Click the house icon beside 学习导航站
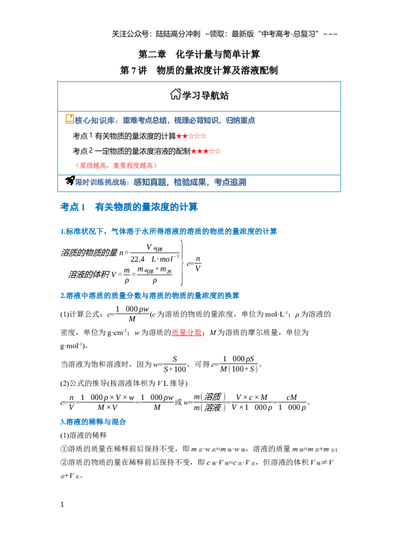click(176, 94)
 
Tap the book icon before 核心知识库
click(70, 119)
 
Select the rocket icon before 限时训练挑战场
click(70, 180)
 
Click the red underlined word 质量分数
click(187, 332)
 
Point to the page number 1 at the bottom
click(62, 505)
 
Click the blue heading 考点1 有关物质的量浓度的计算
click(129, 207)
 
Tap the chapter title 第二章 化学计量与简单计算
click(199, 54)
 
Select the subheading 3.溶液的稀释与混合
click(93, 421)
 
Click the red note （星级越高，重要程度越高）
click(116, 165)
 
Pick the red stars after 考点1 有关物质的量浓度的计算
click(191, 136)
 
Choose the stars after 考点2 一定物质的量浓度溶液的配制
click(206, 151)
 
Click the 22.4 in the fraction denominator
click(137, 259)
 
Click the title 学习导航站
click(205, 96)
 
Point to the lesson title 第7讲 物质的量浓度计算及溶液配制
click(199, 70)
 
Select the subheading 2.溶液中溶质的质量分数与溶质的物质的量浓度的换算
click(150, 296)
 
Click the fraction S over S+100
click(175, 364)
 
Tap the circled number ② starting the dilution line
click(64, 462)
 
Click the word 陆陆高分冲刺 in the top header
click(178, 34)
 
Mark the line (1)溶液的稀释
click(84, 435)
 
